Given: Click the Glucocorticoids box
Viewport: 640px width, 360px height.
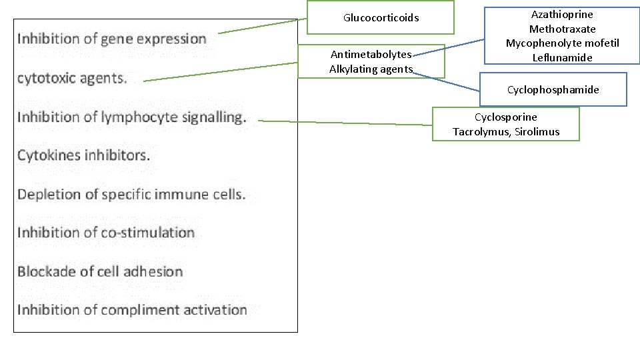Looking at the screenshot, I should pyautogui.click(x=381, y=17).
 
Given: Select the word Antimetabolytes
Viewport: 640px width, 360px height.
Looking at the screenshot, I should pyautogui.click(x=371, y=55).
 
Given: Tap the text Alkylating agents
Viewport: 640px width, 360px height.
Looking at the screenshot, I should pyautogui.click(x=371, y=69).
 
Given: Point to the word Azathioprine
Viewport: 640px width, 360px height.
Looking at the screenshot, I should pyautogui.click(x=562, y=15).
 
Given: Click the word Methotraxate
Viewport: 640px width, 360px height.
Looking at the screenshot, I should pyautogui.click(x=562, y=29).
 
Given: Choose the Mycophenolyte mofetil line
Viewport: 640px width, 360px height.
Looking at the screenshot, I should pyautogui.click(x=562, y=43).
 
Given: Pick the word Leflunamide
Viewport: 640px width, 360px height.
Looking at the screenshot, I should pyautogui.click(x=562, y=58).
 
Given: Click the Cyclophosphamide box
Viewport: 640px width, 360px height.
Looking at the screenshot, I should pyautogui.click(x=553, y=89).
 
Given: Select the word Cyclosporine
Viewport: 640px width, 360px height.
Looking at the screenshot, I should pyautogui.click(x=505, y=117).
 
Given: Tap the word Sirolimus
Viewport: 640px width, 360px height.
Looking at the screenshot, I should pyautogui.click(x=537, y=132).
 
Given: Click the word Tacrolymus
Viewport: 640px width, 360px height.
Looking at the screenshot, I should pyautogui.click(x=482, y=132).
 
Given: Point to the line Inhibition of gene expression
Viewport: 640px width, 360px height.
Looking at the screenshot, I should pyautogui.click(x=112, y=39).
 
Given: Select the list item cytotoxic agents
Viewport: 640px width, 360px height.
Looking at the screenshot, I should pyautogui.click(x=72, y=78).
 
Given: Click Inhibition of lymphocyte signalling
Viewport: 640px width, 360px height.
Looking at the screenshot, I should pyautogui.click(x=131, y=117).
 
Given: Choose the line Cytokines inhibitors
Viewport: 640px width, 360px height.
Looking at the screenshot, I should pyautogui.click(x=84, y=155).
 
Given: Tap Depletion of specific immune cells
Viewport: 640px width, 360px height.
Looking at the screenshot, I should pyautogui.click(x=131, y=195).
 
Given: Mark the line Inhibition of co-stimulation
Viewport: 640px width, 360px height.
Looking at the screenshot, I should pyautogui.click(x=106, y=233).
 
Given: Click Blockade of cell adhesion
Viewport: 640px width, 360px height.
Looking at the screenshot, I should pyautogui.click(x=100, y=271).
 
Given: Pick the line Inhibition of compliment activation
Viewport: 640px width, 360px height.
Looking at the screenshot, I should pyautogui.click(x=132, y=310).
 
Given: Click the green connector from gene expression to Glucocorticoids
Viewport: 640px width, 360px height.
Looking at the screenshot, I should pyautogui.click(x=260, y=27).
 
